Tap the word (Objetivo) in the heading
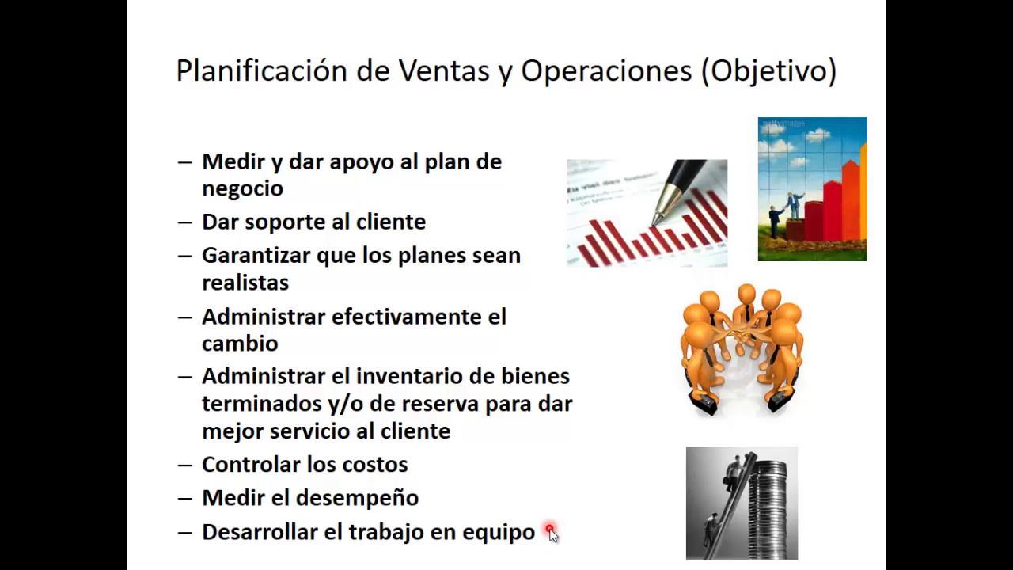pos(768,71)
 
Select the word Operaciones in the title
pos(605,71)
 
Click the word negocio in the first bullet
pos(242,189)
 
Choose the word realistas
pos(245,283)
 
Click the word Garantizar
pos(255,256)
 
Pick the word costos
pos(375,465)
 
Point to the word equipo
pos(502,533)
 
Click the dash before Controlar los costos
pos(185,465)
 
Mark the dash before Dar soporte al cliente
pos(185,222)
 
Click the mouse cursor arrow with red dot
pos(552,533)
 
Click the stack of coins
pos(767,507)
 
